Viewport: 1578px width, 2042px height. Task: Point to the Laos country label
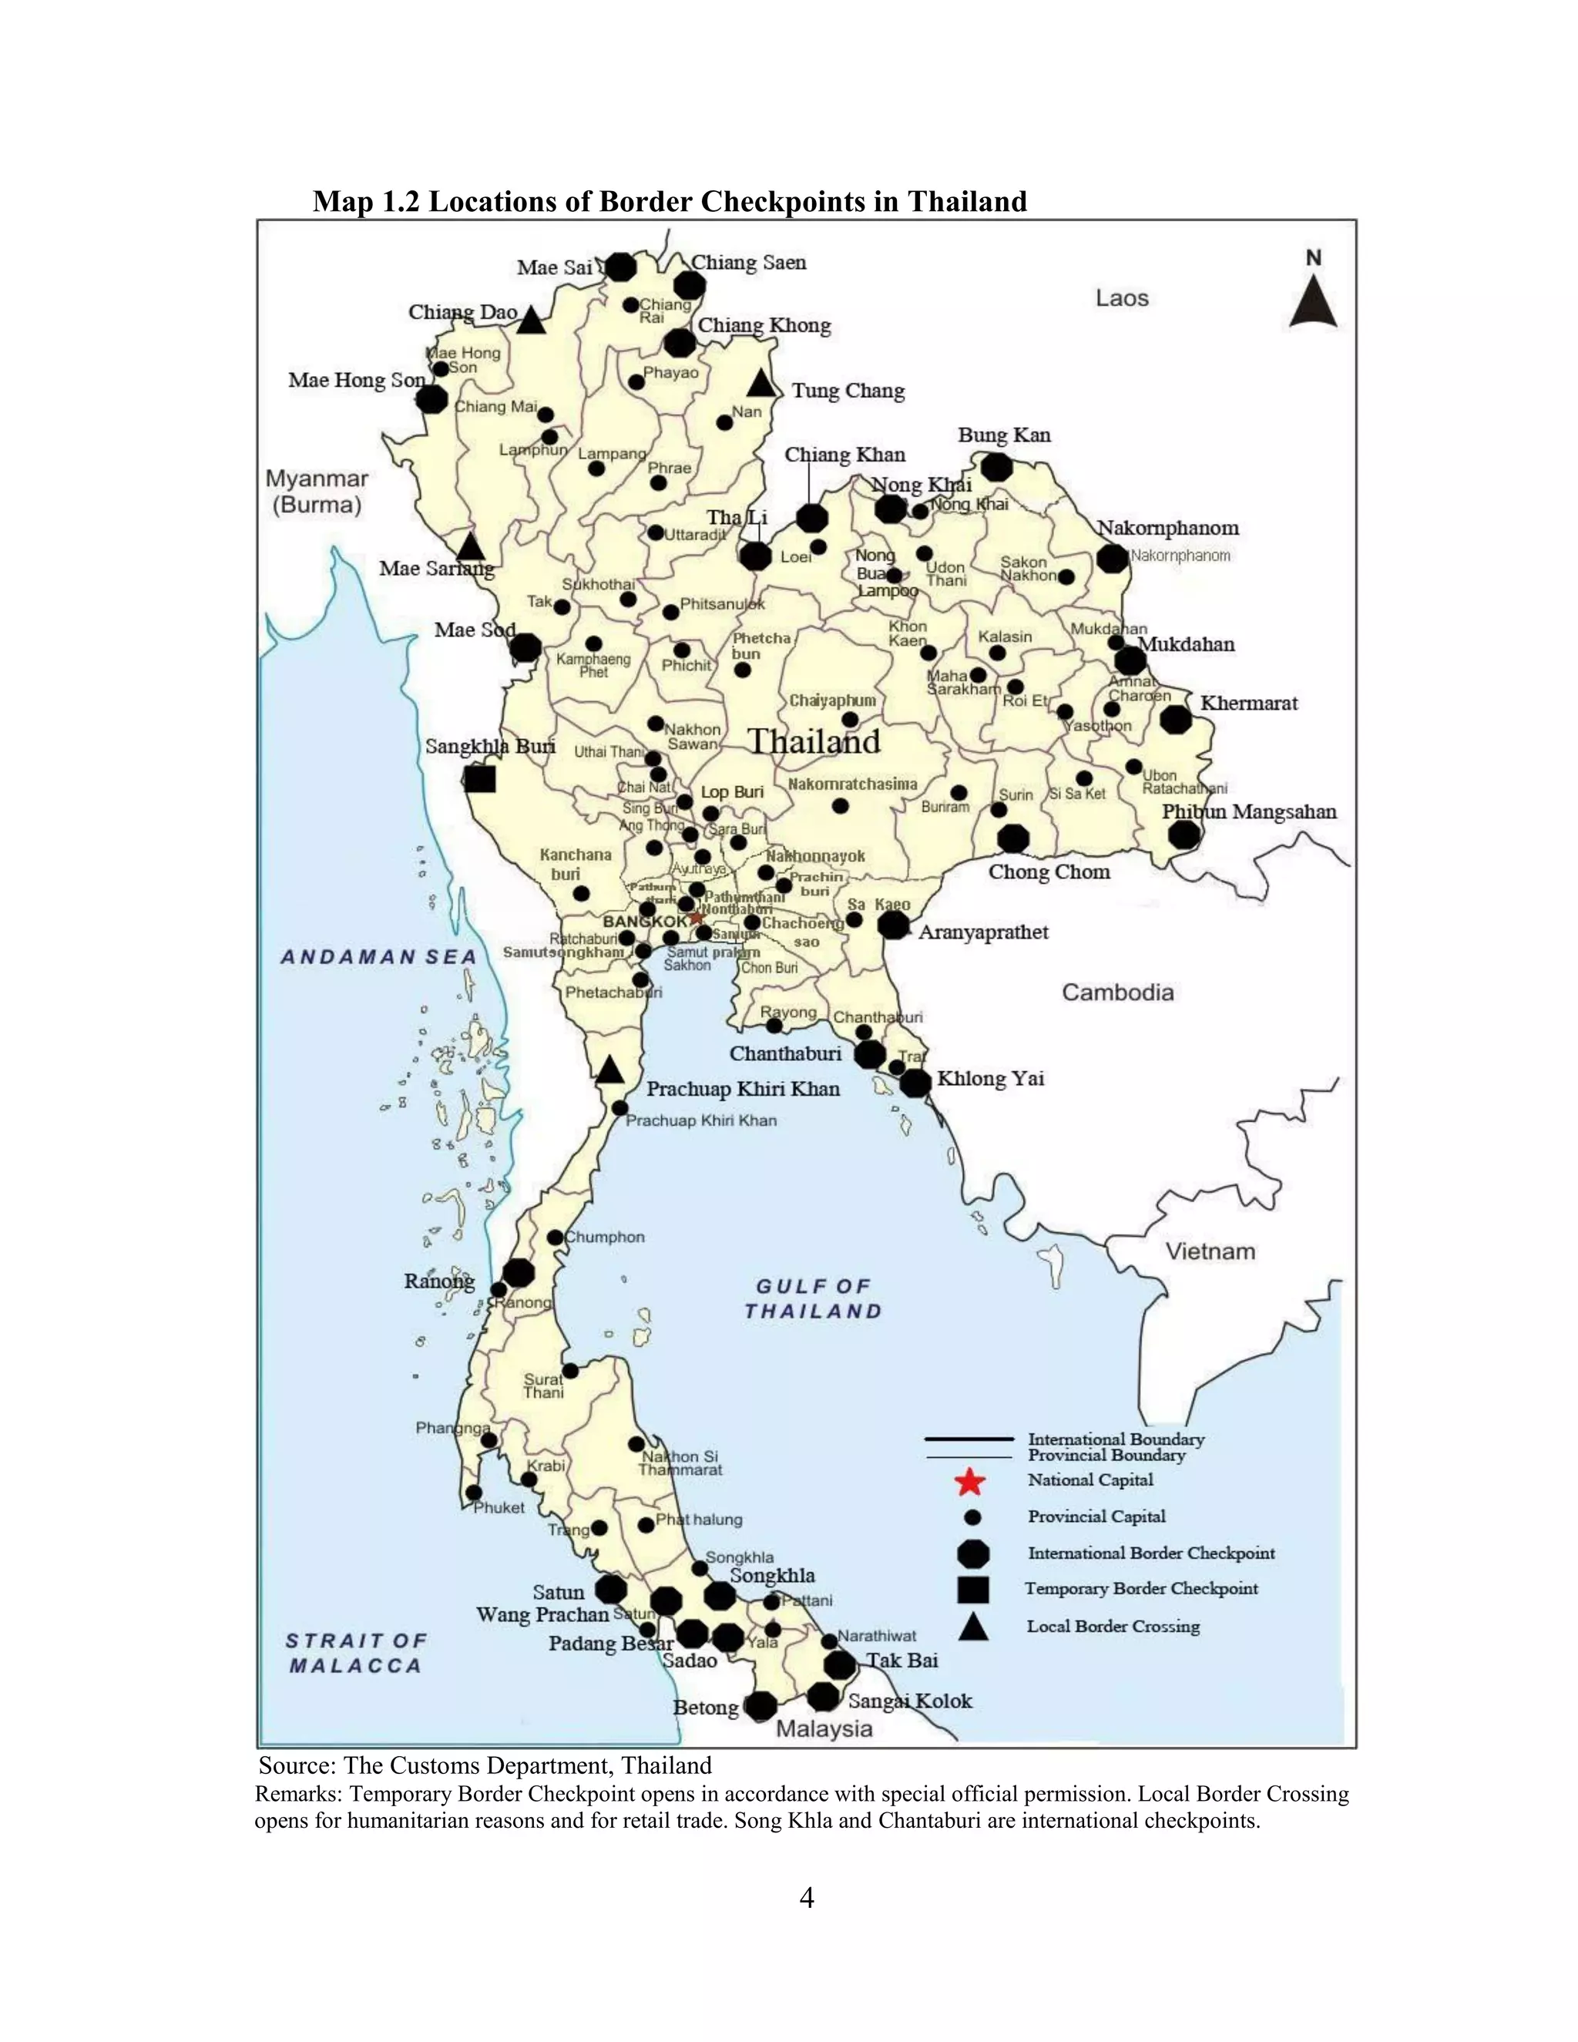click(1122, 298)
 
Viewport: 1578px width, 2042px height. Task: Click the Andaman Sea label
click(378, 956)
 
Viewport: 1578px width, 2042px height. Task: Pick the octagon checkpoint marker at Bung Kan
click(996, 465)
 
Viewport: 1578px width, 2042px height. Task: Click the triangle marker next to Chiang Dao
click(531, 321)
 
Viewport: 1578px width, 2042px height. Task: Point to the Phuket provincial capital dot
click(474, 1493)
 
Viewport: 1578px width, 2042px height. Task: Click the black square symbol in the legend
click(973, 1590)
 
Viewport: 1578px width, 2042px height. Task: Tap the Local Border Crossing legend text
click(1113, 1627)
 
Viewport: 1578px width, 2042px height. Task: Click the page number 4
click(807, 1897)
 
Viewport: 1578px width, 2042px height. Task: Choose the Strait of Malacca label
click(355, 1653)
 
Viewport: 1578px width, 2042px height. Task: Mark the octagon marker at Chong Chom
click(1013, 838)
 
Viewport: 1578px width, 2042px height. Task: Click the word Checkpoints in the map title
click(783, 202)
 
